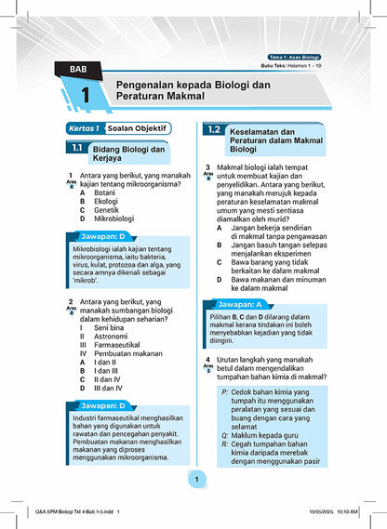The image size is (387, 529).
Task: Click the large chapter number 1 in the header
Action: [x=85, y=96]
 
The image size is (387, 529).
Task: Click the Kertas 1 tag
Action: [x=83, y=127]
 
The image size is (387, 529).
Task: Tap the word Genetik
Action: [x=106, y=210]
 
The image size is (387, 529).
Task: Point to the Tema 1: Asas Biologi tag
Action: [x=297, y=58]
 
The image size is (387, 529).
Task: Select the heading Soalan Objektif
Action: [x=138, y=127]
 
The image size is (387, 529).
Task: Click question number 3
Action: [x=208, y=167]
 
